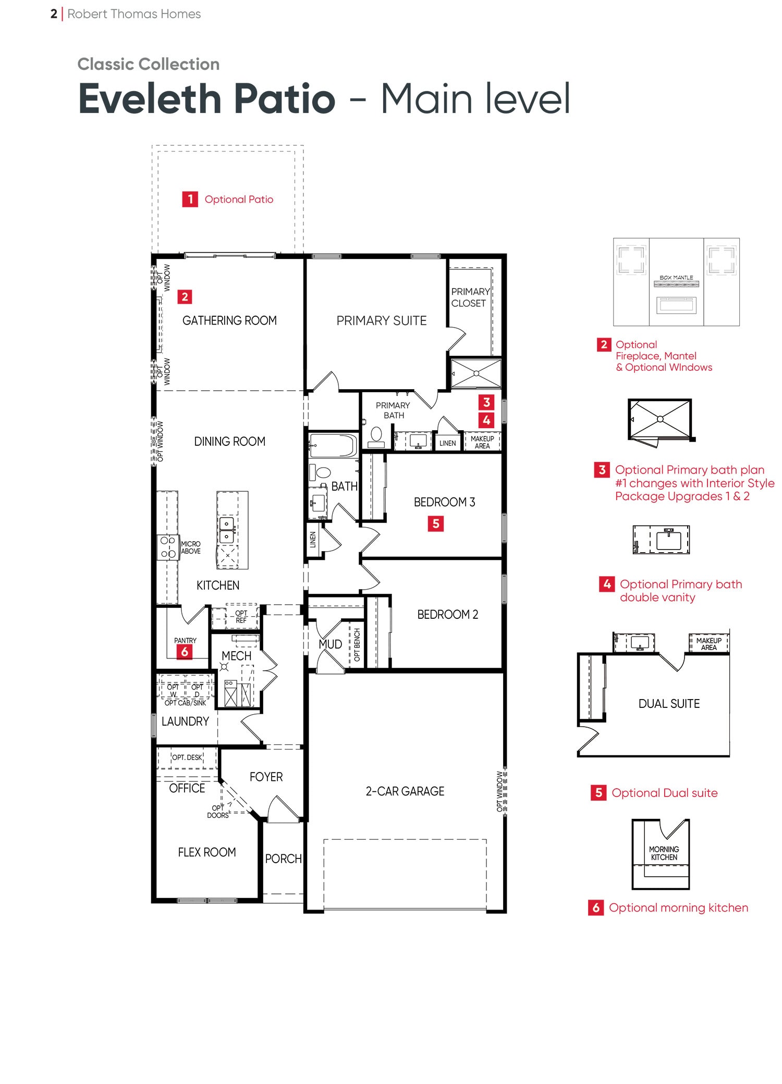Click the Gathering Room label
click(229, 320)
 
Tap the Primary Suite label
click(382, 320)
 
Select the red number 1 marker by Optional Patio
click(190, 199)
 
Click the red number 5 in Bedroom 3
click(436, 524)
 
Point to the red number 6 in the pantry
click(184, 652)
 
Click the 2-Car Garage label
click(405, 791)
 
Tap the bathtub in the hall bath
click(333, 446)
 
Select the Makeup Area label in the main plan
click(482, 442)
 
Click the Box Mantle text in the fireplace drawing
click(676, 278)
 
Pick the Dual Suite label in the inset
click(669, 704)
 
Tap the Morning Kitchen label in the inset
click(664, 853)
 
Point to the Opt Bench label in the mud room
click(357, 645)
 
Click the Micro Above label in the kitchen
click(191, 547)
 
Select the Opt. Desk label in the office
click(187, 757)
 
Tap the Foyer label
click(266, 777)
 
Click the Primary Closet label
click(470, 297)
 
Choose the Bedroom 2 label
click(447, 615)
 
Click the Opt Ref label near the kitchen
click(241, 617)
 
